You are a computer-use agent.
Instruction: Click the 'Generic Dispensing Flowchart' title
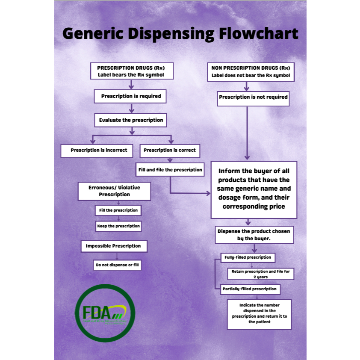180,33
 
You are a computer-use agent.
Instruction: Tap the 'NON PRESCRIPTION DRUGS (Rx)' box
251,72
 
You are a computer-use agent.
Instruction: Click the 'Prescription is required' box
131,96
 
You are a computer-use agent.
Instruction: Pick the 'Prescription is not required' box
253,97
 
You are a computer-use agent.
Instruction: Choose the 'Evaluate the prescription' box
131,120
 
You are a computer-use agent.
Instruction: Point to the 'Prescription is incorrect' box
97,150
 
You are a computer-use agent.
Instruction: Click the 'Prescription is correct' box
170,150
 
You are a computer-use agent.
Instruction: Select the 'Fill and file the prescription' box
170,170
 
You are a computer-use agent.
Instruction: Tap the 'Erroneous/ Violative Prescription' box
114,191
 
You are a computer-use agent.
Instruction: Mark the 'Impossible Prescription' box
113,246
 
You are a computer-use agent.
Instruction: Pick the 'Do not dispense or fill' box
117,265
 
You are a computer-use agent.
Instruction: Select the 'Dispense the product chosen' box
254,235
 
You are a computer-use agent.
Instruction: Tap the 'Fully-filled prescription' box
248,257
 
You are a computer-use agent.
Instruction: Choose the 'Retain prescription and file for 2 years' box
260,274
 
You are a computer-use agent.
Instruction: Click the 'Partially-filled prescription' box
250,289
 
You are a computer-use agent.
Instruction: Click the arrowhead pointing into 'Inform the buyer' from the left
209,193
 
